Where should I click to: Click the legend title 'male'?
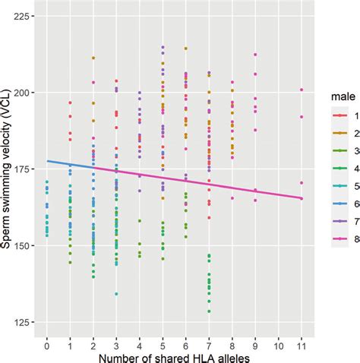[339, 96]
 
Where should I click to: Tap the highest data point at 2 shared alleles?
[93, 58]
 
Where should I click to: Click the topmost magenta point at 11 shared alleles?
[302, 90]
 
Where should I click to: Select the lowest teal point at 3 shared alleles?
[116, 294]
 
